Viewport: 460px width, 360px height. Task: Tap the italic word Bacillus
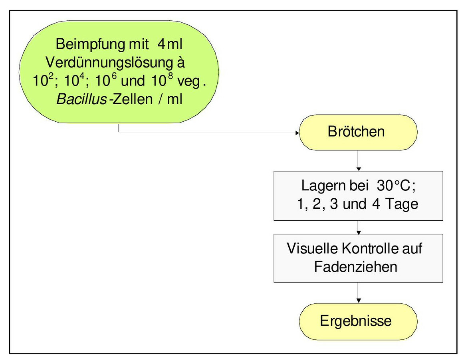tap(81, 99)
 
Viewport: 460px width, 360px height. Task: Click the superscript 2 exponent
tap(51, 76)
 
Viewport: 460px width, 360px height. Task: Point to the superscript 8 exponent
tap(171, 76)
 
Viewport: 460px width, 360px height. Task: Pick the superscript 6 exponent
tap(115, 76)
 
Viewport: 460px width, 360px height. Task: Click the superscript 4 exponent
tap(82, 76)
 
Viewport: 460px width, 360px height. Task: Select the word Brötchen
tap(356, 131)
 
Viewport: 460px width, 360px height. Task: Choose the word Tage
tap(402, 204)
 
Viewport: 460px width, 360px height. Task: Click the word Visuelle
tap(312, 248)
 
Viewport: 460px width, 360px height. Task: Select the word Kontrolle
tap(370, 248)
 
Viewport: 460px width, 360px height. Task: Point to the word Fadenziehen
tap(355, 267)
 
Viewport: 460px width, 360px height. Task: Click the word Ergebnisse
tap(355, 321)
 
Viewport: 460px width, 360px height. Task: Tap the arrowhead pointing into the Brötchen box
tap(297, 133)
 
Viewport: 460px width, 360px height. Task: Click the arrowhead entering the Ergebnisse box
tap(358, 301)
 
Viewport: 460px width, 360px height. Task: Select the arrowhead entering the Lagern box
tap(358, 168)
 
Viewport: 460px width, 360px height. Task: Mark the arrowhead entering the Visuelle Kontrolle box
tap(358, 232)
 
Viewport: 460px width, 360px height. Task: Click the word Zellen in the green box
tap(133, 99)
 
